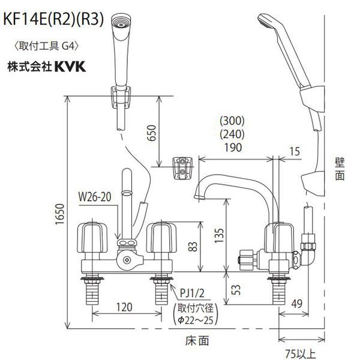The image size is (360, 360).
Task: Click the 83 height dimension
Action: coord(191,247)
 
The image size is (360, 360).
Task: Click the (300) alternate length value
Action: coord(234,120)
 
